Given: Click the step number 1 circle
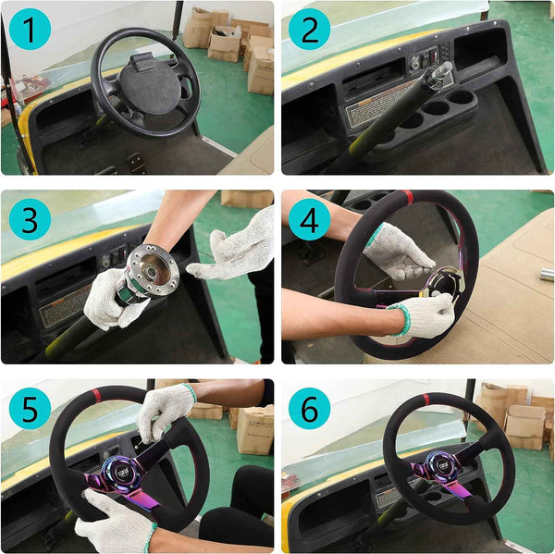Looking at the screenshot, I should (31, 31).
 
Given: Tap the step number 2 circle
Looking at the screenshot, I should (309, 31).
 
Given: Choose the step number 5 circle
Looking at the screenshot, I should (31, 410).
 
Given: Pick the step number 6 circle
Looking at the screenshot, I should (309, 410).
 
